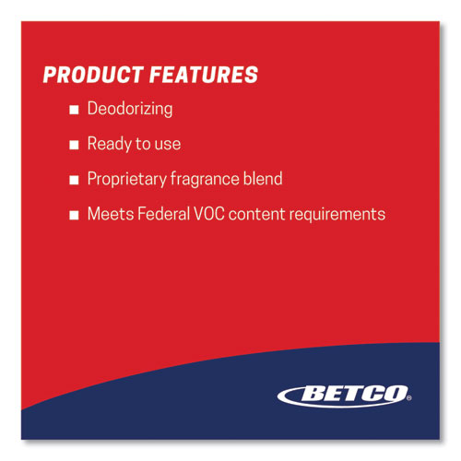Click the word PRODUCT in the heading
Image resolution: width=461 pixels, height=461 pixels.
pos(93,75)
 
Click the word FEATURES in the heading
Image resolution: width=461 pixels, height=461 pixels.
pos(204,75)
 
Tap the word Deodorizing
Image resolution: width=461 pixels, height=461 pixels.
pos(130,109)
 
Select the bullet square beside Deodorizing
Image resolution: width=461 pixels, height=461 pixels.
pos(74,110)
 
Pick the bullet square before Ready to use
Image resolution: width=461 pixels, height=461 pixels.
pos(74,145)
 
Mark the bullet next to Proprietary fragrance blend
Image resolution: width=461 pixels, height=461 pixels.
pos(74,180)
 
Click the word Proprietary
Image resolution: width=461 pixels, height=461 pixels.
pos(127,179)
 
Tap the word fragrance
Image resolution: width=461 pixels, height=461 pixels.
pos(205,179)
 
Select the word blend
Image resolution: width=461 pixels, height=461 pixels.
pos(263,179)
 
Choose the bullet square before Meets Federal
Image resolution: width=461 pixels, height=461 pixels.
pos(74,215)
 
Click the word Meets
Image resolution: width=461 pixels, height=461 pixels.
pos(111,214)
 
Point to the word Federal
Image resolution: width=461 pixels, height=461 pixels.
pos(164,214)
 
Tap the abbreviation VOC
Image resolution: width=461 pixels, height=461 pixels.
pos(209,214)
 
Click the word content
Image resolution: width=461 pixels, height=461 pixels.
pos(257,214)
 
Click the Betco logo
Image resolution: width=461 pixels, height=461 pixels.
pos(344,396)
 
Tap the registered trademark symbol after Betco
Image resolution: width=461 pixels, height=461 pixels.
pos(409,398)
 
